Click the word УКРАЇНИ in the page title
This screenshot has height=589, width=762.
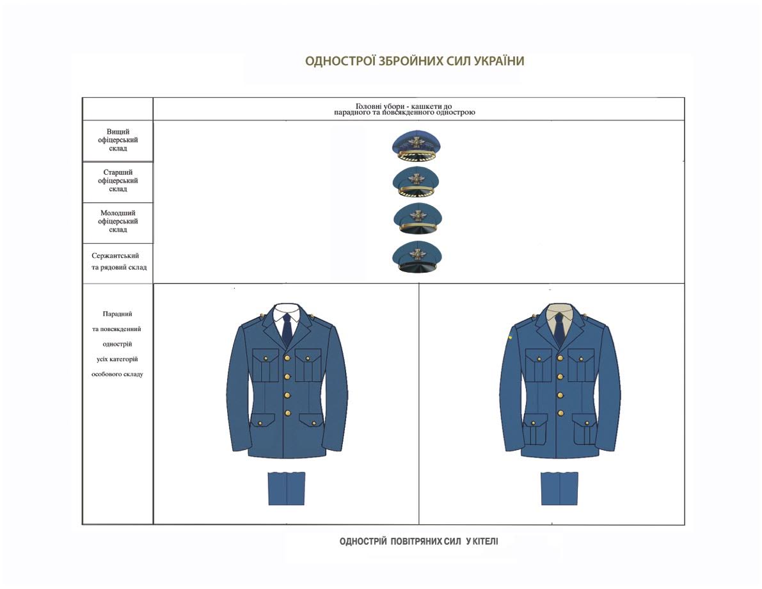point(498,61)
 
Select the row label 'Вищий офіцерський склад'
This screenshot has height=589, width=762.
point(118,140)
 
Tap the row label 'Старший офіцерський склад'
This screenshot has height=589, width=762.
point(118,181)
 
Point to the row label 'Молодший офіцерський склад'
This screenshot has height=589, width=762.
point(118,222)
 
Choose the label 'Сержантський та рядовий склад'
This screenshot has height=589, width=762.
point(118,261)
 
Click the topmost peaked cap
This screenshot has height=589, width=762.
point(417,145)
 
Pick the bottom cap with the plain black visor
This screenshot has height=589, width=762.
point(417,257)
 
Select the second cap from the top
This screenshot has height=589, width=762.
point(417,181)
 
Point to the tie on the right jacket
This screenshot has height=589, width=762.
point(560,329)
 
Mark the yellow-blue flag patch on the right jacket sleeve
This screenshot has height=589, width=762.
point(509,337)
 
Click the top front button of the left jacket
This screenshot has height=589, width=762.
point(287,359)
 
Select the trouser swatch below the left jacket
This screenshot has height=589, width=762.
point(287,488)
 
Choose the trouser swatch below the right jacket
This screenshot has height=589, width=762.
point(559,488)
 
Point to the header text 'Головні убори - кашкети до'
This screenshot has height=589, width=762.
point(404,106)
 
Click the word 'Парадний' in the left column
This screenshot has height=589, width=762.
point(117,314)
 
